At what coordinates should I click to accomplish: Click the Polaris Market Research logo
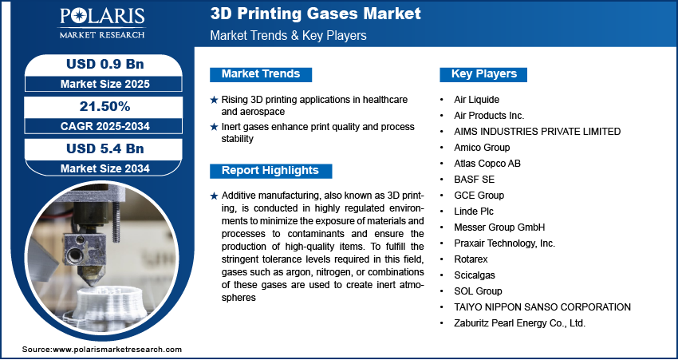point(102,23)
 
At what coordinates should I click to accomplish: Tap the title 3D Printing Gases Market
point(316,14)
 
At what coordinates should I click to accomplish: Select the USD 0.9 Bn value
point(105,64)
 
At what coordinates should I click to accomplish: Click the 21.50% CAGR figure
point(105,106)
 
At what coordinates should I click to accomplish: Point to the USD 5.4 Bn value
point(105,148)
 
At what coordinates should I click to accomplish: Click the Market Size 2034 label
point(105,168)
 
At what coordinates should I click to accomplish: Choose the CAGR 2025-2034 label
point(105,126)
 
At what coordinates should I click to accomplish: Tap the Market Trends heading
point(261,74)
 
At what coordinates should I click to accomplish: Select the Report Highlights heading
point(270,171)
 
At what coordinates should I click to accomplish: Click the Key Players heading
point(484,74)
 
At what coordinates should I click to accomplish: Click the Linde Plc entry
point(474,212)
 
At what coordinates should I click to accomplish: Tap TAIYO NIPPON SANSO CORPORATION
point(542,307)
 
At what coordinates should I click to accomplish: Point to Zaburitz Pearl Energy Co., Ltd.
point(519,323)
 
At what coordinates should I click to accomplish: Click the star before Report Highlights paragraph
point(214,196)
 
